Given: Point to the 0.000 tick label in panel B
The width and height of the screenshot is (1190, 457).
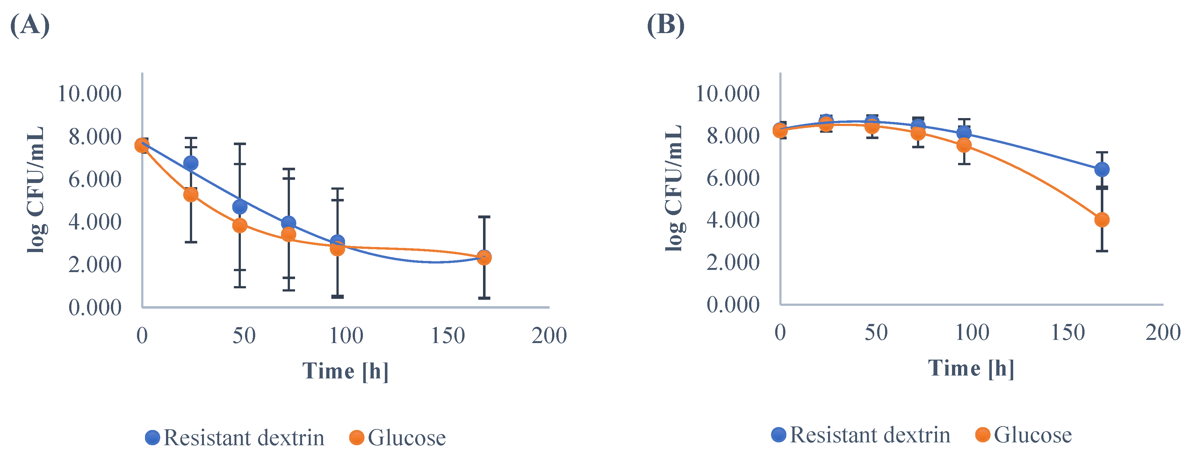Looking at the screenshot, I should coord(733,305).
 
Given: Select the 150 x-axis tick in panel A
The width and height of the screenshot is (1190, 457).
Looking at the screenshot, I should coord(448,336).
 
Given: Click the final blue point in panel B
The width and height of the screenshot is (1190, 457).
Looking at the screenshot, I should coord(1102,169).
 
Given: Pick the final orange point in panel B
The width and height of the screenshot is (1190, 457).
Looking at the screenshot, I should coord(1102,220).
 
